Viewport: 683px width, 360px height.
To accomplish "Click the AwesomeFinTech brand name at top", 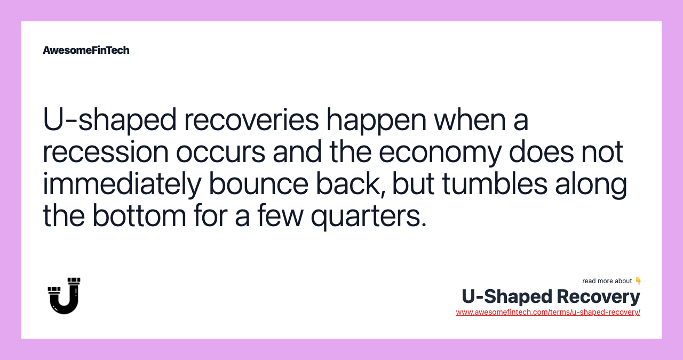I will click(86, 50).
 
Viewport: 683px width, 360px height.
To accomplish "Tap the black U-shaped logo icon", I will click(64, 295).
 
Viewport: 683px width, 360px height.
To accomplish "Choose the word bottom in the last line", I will click(139, 216).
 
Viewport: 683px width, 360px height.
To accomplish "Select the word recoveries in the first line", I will click(251, 120).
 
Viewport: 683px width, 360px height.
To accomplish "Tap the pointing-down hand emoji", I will click(638, 281).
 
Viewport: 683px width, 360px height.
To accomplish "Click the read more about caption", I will click(607, 281).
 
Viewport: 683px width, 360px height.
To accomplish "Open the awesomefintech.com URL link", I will click(548, 312).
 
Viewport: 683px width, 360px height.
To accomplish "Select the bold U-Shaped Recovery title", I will click(551, 296).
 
